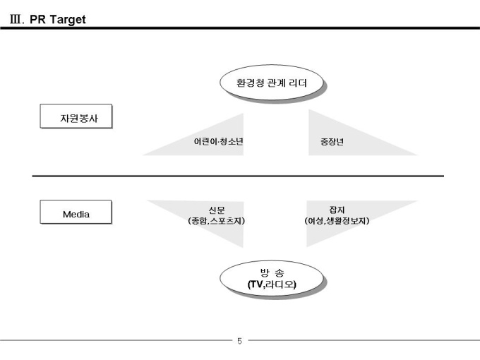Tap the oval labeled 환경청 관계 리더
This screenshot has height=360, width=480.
point(272,83)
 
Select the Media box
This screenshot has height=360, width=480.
point(76,213)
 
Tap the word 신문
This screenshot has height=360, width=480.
point(217,209)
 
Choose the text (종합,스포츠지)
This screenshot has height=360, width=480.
point(217,220)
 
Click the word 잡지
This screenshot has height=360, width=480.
point(337,209)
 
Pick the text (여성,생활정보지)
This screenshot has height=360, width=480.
point(337,220)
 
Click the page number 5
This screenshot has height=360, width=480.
point(239,342)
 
